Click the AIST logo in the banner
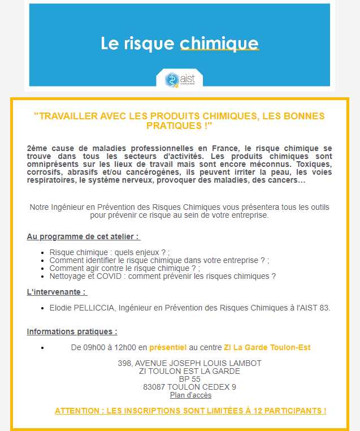[179, 79]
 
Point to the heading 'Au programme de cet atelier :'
[83, 236]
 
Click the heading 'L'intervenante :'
[57, 292]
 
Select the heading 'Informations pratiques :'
[72, 331]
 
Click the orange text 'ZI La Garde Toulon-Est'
[267, 347]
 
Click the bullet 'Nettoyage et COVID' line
[162, 277]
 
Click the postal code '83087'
[155, 387]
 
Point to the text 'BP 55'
[189, 379]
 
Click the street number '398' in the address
[124, 363]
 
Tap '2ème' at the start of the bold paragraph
[37, 148]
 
